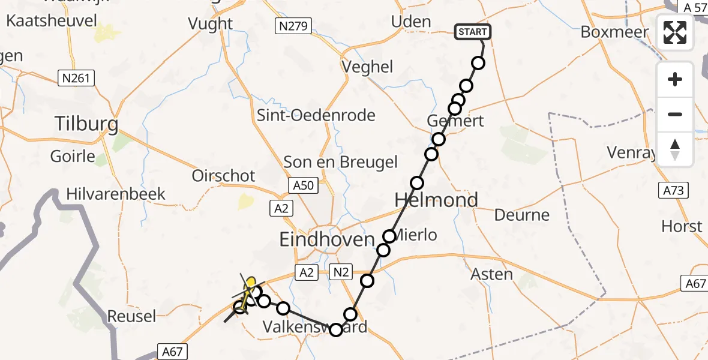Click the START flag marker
[x=473, y=32]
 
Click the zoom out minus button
[x=675, y=114]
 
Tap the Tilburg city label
[x=86, y=124]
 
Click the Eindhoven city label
[x=328, y=239]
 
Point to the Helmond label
[x=436, y=200]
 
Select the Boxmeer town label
[x=615, y=32]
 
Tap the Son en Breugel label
[x=340, y=161]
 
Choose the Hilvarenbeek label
[x=116, y=194]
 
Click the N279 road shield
[x=292, y=26]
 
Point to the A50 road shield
[x=303, y=186]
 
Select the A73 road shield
[x=673, y=191]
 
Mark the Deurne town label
[x=521, y=215]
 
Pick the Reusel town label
[x=131, y=316]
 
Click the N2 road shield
[x=341, y=272]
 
